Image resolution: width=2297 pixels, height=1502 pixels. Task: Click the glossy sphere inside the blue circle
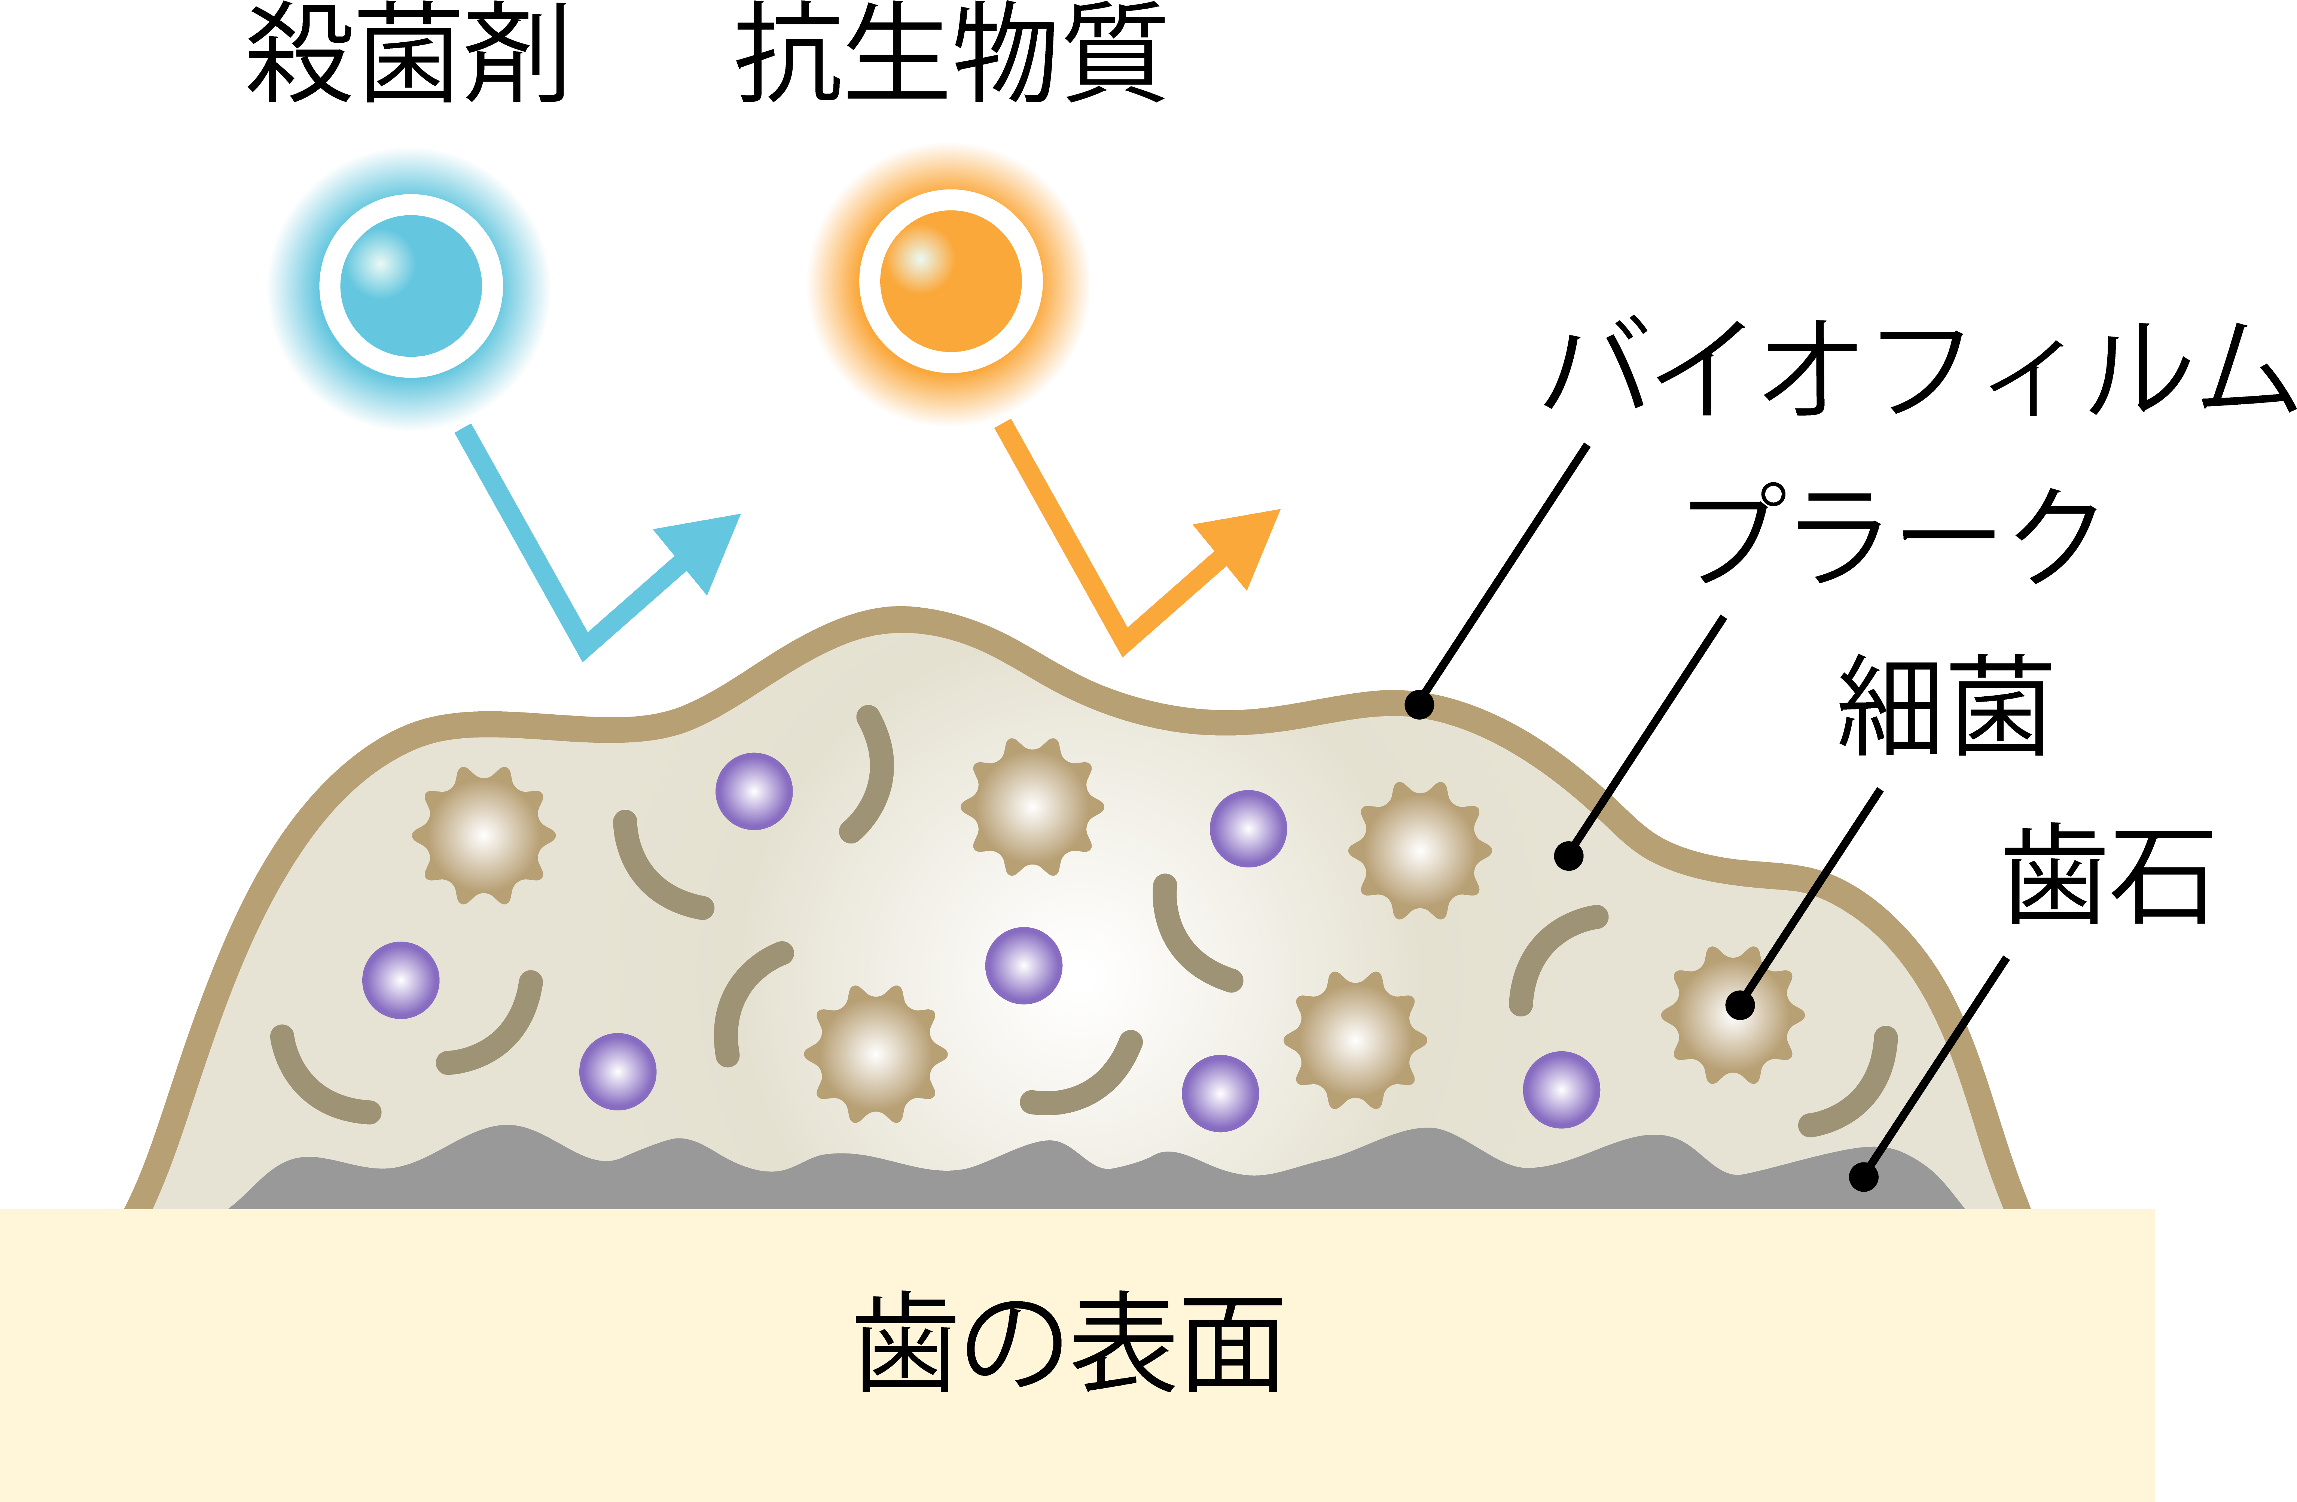click(x=411, y=286)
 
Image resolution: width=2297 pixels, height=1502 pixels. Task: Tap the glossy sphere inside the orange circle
click(x=951, y=281)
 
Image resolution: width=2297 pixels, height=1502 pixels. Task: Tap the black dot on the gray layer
click(x=1863, y=1178)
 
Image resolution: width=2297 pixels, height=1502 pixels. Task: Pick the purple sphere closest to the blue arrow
click(x=754, y=791)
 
